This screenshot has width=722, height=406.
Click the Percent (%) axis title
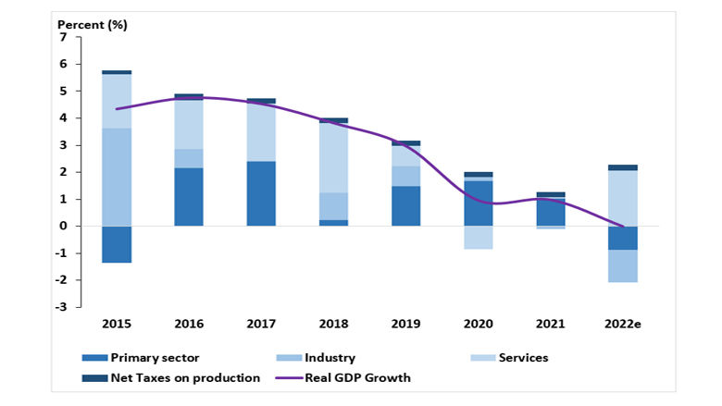(x=93, y=23)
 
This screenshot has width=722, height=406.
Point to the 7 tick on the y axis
(x=63, y=38)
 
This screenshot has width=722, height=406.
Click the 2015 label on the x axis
(x=116, y=325)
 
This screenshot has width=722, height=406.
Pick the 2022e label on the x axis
(x=622, y=325)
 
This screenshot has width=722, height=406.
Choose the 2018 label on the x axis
(x=333, y=325)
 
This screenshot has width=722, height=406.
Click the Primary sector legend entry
(x=148, y=358)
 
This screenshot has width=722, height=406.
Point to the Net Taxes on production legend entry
(x=180, y=377)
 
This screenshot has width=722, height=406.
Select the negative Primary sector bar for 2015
(x=117, y=244)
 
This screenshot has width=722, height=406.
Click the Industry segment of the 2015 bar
(x=117, y=177)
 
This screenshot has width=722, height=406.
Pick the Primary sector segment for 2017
(x=261, y=193)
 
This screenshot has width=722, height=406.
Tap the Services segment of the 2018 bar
(x=333, y=158)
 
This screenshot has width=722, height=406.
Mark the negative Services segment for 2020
(x=478, y=238)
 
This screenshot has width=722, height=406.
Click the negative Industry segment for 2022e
(x=622, y=266)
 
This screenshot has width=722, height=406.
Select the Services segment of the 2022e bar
(x=622, y=198)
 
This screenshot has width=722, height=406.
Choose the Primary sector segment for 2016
(x=189, y=197)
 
